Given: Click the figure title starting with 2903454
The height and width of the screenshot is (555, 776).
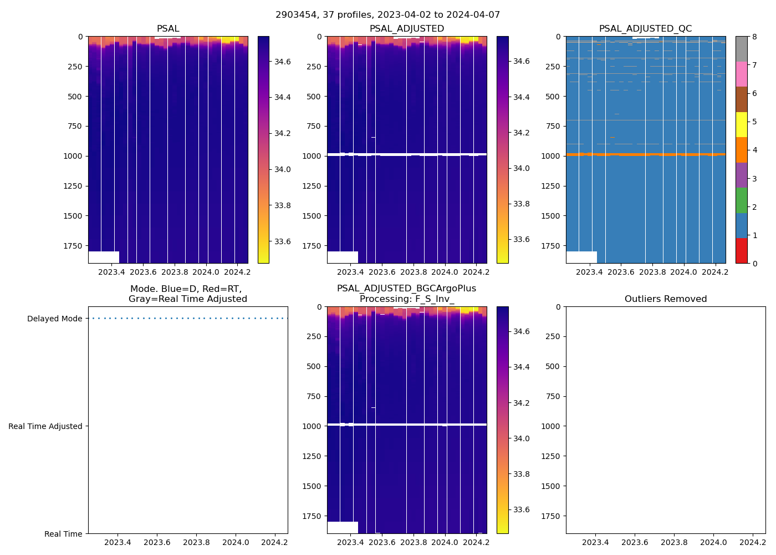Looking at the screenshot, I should point(387,15).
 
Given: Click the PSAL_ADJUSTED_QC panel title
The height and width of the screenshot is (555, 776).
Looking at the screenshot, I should point(645,29).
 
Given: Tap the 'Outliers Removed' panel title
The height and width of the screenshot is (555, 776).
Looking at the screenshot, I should point(665,299).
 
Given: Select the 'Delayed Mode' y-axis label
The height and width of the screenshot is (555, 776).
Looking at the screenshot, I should point(54,319).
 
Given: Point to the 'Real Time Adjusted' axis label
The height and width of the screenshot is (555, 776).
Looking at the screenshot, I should point(45,426).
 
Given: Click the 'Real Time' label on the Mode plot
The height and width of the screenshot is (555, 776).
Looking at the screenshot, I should point(63,534).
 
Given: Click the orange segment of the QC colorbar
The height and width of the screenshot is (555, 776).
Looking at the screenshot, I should point(741,150).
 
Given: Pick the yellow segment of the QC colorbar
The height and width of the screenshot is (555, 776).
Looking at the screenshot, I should point(741,125).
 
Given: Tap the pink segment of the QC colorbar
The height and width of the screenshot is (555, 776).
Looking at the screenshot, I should point(741,74).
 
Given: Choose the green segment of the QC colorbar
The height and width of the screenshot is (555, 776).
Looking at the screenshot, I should point(741,200).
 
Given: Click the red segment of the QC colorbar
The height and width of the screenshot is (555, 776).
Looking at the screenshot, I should point(741,251).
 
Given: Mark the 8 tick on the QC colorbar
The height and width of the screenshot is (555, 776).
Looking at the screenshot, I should point(754,37).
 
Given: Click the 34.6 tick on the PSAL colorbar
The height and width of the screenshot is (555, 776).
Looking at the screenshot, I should point(283,62).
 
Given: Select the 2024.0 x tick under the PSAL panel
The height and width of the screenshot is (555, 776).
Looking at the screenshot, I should point(206,272).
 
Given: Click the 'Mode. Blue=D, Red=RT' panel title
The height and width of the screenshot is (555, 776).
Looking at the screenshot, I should point(187,294).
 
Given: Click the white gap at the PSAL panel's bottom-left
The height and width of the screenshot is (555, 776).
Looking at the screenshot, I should point(104,257).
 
